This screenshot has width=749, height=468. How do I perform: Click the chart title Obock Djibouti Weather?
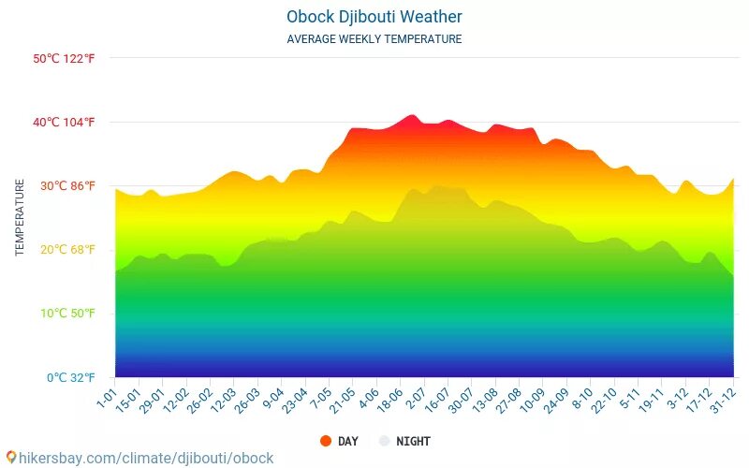(x=374, y=17)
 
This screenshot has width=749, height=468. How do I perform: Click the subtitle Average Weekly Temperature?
(x=374, y=39)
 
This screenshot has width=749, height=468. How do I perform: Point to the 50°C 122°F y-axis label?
(x=64, y=58)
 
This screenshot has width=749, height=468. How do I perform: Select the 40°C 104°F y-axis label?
(x=64, y=122)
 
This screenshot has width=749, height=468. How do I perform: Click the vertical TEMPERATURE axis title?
(x=20, y=218)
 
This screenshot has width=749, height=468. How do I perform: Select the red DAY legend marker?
(x=326, y=441)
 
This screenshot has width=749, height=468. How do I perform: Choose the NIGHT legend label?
(x=413, y=441)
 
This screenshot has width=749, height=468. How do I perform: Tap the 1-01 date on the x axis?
(x=106, y=397)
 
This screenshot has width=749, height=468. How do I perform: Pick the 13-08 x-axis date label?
(x=485, y=401)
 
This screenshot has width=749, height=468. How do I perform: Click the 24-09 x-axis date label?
(x=555, y=401)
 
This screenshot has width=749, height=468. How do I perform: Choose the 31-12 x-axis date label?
(x=723, y=401)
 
